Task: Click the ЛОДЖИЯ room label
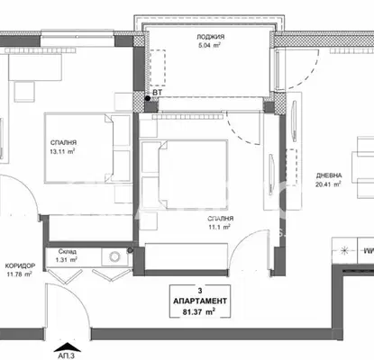pyautogui.click(x=211, y=37)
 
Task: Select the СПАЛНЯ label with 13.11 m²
pyautogui.click(x=63, y=143)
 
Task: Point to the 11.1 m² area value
pyautogui.click(x=219, y=227)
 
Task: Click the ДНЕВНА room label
pyautogui.click(x=329, y=175)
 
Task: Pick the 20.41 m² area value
pyautogui.click(x=328, y=184)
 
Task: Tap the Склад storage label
pyautogui.click(x=68, y=251)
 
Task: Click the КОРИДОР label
pyautogui.click(x=20, y=265)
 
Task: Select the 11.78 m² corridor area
pyautogui.click(x=20, y=274)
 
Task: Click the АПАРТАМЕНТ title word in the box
pyautogui.click(x=200, y=301)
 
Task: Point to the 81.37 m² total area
pyautogui.click(x=199, y=312)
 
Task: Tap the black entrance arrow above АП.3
pyautogui.click(x=68, y=347)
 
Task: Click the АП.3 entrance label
pyautogui.click(x=66, y=356)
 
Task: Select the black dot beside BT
pyautogui.click(x=148, y=98)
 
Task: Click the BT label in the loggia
pyautogui.click(x=157, y=93)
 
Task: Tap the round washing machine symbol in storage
pyautogui.click(x=114, y=256)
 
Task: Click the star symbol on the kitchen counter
pyautogui.click(x=344, y=251)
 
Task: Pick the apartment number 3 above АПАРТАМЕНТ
pyautogui.click(x=200, y=291)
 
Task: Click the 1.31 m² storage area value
pyautogui.click(x=67, y=260)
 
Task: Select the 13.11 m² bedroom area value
pyautogui.click(x=62, y=151)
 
